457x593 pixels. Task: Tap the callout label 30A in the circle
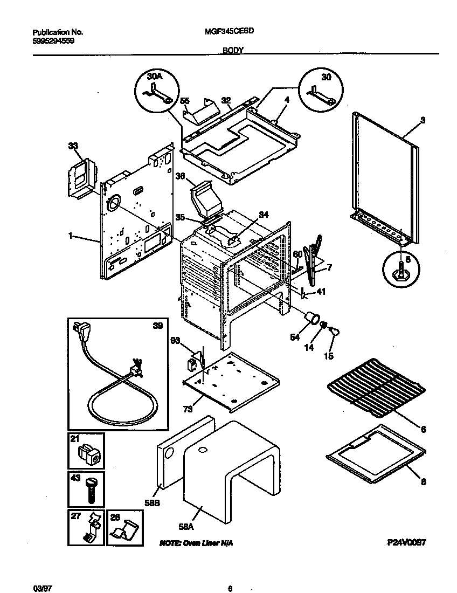coord(155,78)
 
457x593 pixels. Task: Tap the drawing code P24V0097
coord(406,543)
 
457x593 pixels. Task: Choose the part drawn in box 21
coord(88,454)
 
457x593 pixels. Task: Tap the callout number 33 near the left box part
coord(73,146)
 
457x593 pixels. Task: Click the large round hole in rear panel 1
coord(113,204)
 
